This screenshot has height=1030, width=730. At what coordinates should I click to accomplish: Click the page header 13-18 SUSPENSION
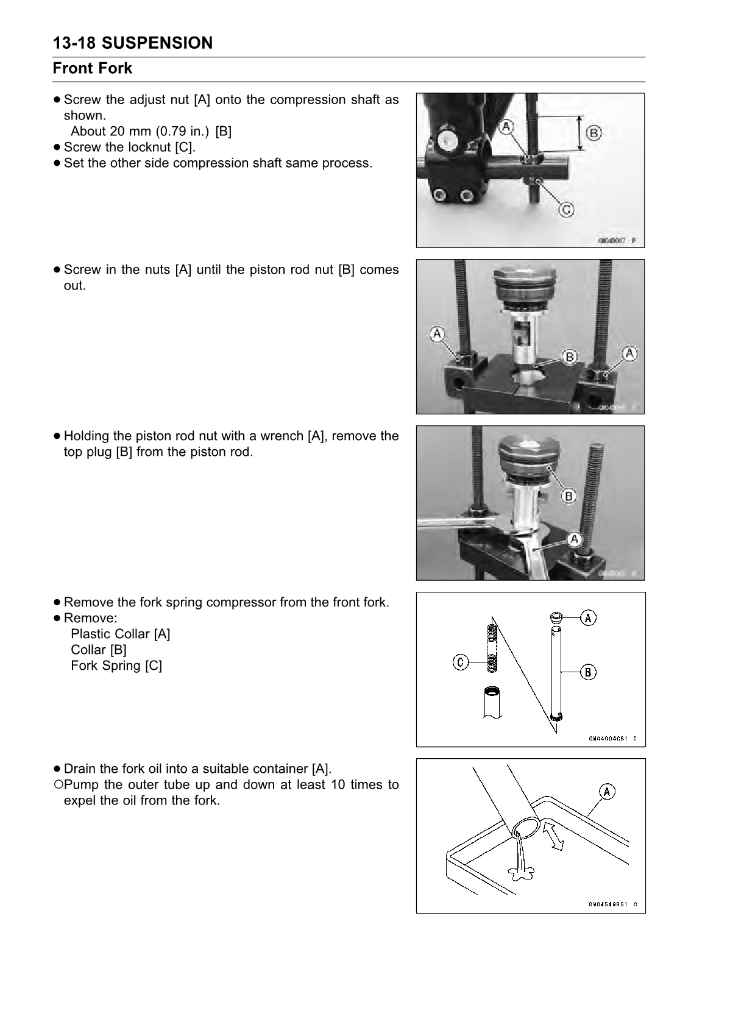pyautogui.click(x=133, y=43)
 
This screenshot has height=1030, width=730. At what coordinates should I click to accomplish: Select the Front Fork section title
pyautogui.click(x=93, y=68)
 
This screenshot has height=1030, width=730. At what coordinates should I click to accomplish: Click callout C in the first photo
pyautogui.click(x=566, y=210)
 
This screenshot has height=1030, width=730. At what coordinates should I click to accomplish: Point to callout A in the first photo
pyautogui.click(x=506, y=127)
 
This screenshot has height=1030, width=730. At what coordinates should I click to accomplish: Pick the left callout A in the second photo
pyautogui.click(x=438, y=333)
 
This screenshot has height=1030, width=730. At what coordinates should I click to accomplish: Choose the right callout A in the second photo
pyautogui.click(x=629, y=353)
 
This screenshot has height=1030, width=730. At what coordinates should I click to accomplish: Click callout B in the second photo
pyautogui.click(x=569, y=357)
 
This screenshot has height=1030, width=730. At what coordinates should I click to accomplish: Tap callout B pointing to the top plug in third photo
pyautogui.click(x=568, y=496)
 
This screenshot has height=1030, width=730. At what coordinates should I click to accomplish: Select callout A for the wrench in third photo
pyautogui.click(x=574, y=539)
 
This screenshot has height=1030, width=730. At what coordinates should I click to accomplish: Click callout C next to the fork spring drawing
pyautogui.click(x=461, y=661)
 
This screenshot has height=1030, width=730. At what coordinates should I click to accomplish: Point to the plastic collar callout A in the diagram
pyautogui.click(x=588, y=617)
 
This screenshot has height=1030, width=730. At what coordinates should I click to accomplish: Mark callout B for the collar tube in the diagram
pyautogui.click(x=588, y=672)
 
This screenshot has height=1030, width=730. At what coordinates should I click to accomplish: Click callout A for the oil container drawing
pyautogui.click(x=607, y=792)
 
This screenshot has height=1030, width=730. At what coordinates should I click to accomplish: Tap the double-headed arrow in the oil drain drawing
pyautogui.click(x=553, y=836)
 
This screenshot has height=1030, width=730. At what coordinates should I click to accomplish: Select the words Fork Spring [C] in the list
pyautogui.click(x=116, y=666)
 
